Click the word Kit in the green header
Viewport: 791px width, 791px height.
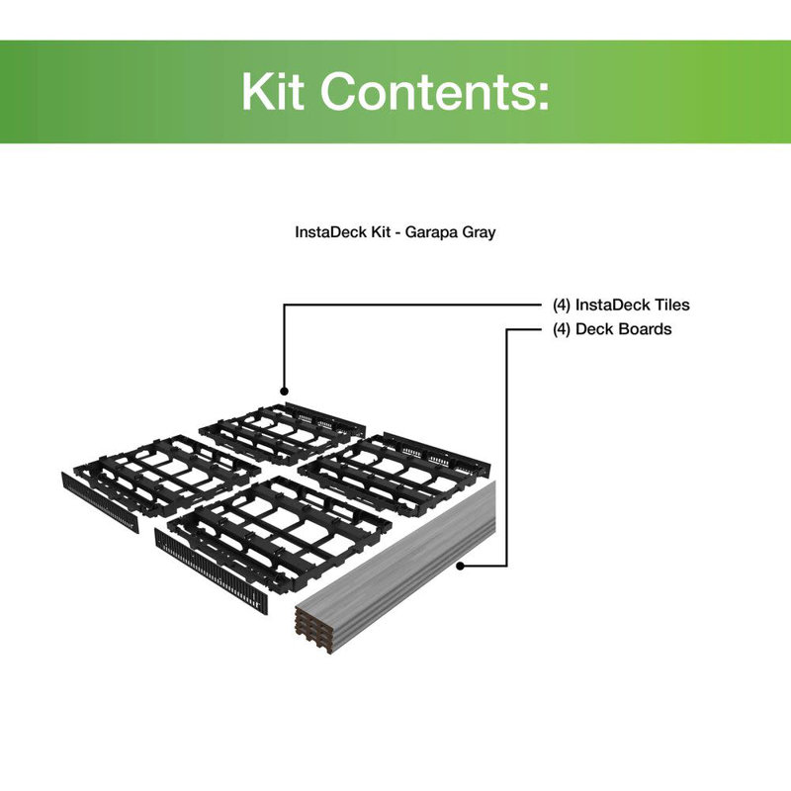tap(274, 92)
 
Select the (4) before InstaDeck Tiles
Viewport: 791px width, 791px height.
tap(562, 306)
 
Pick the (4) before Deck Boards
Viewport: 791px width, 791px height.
tap(562, 329)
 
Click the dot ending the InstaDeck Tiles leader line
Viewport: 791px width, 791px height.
tap(284, 392)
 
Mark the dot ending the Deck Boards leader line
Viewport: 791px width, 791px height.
tap(461, 567)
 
